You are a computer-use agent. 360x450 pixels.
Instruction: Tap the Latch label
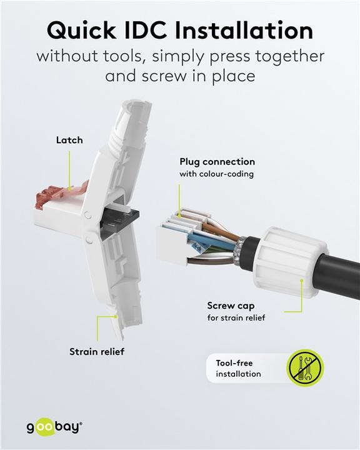point(69,140)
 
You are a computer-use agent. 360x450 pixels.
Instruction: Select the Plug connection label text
point(217,162)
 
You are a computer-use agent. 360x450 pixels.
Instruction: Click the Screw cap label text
point(231,306)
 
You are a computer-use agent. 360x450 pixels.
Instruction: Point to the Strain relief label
point(97,351)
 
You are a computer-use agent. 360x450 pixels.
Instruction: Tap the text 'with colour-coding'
point(217,174)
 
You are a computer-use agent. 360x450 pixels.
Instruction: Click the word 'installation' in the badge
point(238,374)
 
